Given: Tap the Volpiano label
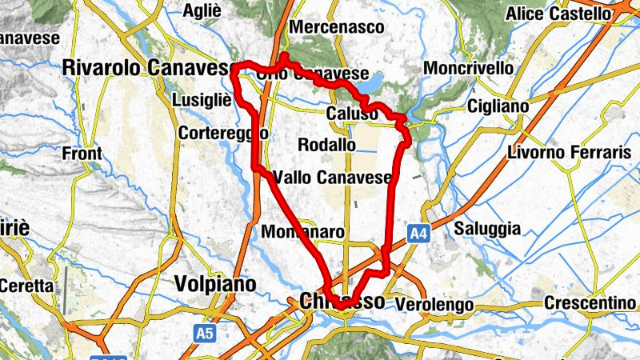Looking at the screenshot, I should click(x=215, y=284).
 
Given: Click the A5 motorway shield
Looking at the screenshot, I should click(x=206, y=330).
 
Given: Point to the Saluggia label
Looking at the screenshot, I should click(x=487, y=229).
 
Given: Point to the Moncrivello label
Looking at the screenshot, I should click(x=469, y=68).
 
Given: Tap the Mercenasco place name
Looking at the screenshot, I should click(x=336, y=27).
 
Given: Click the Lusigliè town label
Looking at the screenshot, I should click(x=202, y=100).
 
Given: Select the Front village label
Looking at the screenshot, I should click(x=82, y=153).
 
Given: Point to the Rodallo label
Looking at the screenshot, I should click(x=326, y=145).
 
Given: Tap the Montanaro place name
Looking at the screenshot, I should click(x=303, y=232).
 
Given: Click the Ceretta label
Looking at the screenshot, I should click(x=26, y=285).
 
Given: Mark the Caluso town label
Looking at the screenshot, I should click(x=352, y=114).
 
